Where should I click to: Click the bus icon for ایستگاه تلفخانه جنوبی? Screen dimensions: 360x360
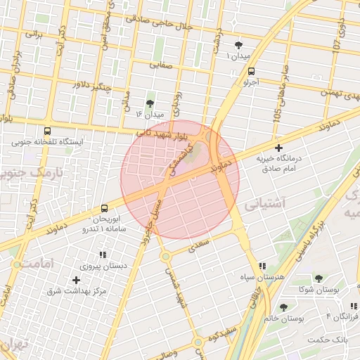47,131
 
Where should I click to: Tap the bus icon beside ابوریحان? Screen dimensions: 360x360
104,208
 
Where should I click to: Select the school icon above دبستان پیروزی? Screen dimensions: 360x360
103,255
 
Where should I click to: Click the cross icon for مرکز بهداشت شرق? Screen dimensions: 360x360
76,280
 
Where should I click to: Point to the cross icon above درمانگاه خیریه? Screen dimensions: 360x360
279,148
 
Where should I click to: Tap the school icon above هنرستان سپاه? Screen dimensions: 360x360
262,266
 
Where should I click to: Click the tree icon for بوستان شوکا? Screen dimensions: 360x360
318,278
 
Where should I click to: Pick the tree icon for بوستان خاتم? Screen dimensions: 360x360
283,307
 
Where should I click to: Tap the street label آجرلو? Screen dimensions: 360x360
251,82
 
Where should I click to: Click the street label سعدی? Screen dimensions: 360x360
200,244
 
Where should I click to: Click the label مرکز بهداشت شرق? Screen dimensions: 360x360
77,290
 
